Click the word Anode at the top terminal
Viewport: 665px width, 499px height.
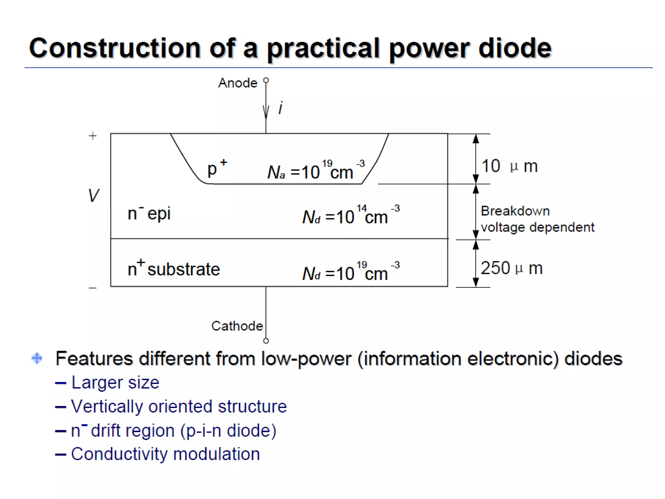[238, 83]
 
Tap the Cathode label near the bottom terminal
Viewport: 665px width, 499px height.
[237, 326]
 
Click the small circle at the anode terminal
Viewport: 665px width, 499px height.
[266, 80]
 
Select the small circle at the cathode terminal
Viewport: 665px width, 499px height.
[266, 341]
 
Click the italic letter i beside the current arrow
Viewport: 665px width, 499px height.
[281, 108]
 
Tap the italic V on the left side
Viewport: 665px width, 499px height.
[94, 196]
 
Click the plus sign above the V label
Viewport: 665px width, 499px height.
[93, 136]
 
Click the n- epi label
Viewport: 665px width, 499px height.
[149, 213]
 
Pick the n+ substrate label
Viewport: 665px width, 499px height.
[174, 269]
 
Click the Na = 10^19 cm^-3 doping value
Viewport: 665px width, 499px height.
[316, 171]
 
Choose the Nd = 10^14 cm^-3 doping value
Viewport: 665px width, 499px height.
[351, 215]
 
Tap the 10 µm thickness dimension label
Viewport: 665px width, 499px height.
[509, 166]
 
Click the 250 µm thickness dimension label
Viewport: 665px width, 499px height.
[511, 268]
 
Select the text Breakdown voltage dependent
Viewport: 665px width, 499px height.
[537, 219]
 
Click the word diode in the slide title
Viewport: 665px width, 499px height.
[515, 48]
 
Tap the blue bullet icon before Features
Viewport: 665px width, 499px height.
[37, 358]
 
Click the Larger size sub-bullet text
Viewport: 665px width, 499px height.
[115, 382]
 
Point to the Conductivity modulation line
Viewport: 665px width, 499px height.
[165, 454]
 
